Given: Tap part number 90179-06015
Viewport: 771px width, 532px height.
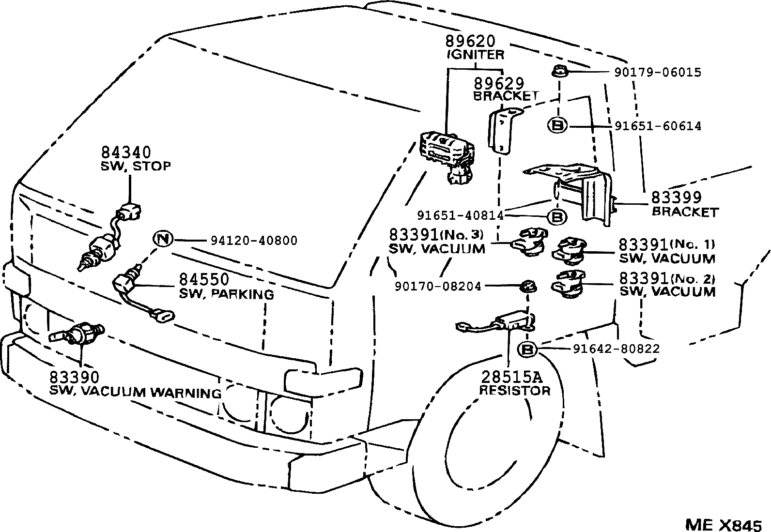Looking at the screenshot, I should tap(657, 73).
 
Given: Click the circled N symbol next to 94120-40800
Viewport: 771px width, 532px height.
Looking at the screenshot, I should tap(163, 239).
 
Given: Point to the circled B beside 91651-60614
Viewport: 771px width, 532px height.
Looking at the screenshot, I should tap(557, 126).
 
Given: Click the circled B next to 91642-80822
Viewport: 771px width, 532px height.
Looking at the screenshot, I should tap(527, 349).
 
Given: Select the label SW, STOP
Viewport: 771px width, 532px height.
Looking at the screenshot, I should tap(136, 166).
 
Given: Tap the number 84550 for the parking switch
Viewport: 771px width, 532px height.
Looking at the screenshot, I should tap(204, 280).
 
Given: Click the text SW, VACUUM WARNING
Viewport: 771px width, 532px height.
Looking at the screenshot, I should tap(136, 392).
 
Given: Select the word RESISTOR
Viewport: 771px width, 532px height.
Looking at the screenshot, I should tap(514, 391).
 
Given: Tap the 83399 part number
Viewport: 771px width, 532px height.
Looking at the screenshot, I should tap(676, 198).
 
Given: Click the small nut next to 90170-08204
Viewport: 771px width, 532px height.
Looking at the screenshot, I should tap(527, 287).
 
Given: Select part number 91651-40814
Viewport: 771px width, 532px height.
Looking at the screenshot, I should tap(460, 215).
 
